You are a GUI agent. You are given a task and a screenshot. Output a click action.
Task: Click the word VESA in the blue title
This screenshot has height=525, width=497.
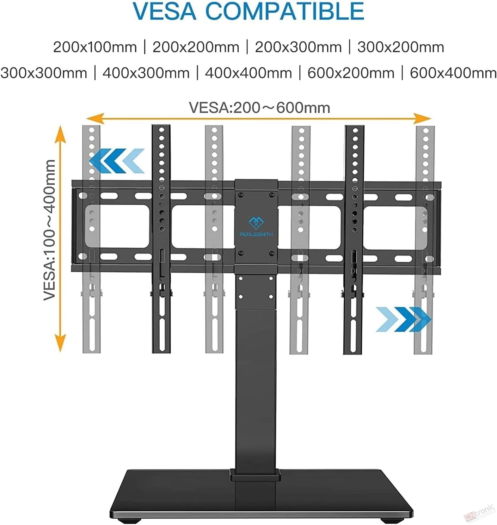(x=165, y=11)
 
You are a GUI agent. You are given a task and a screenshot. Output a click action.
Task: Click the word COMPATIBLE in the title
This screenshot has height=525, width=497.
(x=285, y=11)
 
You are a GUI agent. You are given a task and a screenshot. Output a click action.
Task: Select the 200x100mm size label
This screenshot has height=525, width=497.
(x=95, y=47)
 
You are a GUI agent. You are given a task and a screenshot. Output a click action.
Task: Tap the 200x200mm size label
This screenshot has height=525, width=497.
(x=196, y=47)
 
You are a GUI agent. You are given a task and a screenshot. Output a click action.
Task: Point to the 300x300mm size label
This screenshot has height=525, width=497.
(x=44, y=73)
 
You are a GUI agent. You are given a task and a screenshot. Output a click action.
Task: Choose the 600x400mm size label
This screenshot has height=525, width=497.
(x=453, y=73)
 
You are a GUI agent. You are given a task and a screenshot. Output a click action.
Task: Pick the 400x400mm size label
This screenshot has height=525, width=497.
(x=248, y=73)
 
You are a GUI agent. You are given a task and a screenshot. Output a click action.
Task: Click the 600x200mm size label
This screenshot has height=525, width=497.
(x=351, y=73)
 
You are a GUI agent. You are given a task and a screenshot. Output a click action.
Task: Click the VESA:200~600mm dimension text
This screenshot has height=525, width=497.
(x=259, y=108)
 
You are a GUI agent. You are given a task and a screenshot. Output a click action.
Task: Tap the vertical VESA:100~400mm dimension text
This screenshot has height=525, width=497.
(x=49, y=230)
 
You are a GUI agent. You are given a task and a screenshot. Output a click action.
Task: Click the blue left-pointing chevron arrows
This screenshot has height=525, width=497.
(x=117, y=161)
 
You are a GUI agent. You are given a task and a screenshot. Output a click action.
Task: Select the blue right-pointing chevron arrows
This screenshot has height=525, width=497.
(x=404, y=319)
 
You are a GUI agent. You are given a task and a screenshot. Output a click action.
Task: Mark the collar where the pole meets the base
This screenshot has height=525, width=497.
(x=255, y=475)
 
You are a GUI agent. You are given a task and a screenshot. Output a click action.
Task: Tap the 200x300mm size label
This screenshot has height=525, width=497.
(x=299, y=47)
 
